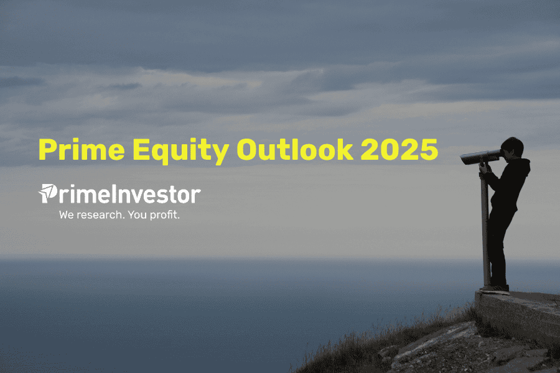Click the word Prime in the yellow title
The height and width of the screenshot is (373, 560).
(82, 149)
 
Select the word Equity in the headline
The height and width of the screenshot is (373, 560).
(180, 151)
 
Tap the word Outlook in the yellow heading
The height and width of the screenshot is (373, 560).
(295, 149)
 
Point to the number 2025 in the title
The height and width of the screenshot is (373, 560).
(399, 149)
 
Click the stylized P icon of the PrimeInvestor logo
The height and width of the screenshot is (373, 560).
(48, 193)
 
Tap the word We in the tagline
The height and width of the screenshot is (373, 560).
(67, 215)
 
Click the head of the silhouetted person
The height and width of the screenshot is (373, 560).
(512, 147)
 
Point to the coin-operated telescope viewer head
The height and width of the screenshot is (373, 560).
(481, 157)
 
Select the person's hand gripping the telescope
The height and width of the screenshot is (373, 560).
(483, 167)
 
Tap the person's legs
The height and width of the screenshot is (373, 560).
(500, 246)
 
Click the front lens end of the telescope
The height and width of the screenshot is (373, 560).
(462, 160)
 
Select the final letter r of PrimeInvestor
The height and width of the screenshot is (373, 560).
(196, 196)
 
